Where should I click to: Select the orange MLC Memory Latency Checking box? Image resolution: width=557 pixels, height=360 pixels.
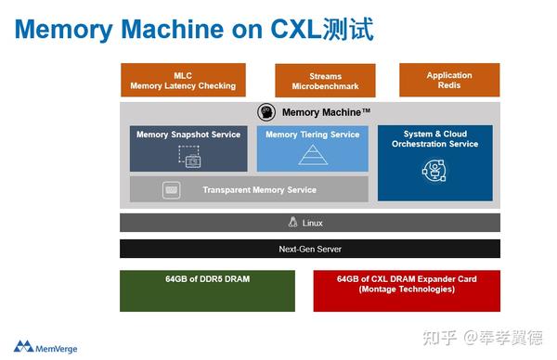click(183, 81)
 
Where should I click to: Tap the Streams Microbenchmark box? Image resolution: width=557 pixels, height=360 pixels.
click(325, 82)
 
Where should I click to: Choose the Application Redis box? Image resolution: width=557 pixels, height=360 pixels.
click(449, 81)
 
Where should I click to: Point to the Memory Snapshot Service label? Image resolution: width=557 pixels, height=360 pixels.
click(188, 135)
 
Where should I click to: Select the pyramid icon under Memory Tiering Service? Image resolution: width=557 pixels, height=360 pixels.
click(313, 156)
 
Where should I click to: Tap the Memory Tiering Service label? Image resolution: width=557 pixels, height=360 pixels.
click(313, 135)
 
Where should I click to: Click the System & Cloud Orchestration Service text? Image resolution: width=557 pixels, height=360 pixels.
click(434, 139)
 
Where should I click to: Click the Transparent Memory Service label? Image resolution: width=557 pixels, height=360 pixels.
click(259, 190)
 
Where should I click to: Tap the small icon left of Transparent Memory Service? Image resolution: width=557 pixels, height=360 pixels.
click(171, 189)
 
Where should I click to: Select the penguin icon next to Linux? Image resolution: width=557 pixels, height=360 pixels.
click(293, 223)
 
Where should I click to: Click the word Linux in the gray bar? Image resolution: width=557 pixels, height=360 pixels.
click(313, 223)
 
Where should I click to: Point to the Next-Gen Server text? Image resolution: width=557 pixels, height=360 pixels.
click(310, 249)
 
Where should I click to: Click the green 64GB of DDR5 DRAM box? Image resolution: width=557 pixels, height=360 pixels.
click(207, 290)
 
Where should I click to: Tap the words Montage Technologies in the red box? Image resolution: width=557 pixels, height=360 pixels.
click(407, 289)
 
